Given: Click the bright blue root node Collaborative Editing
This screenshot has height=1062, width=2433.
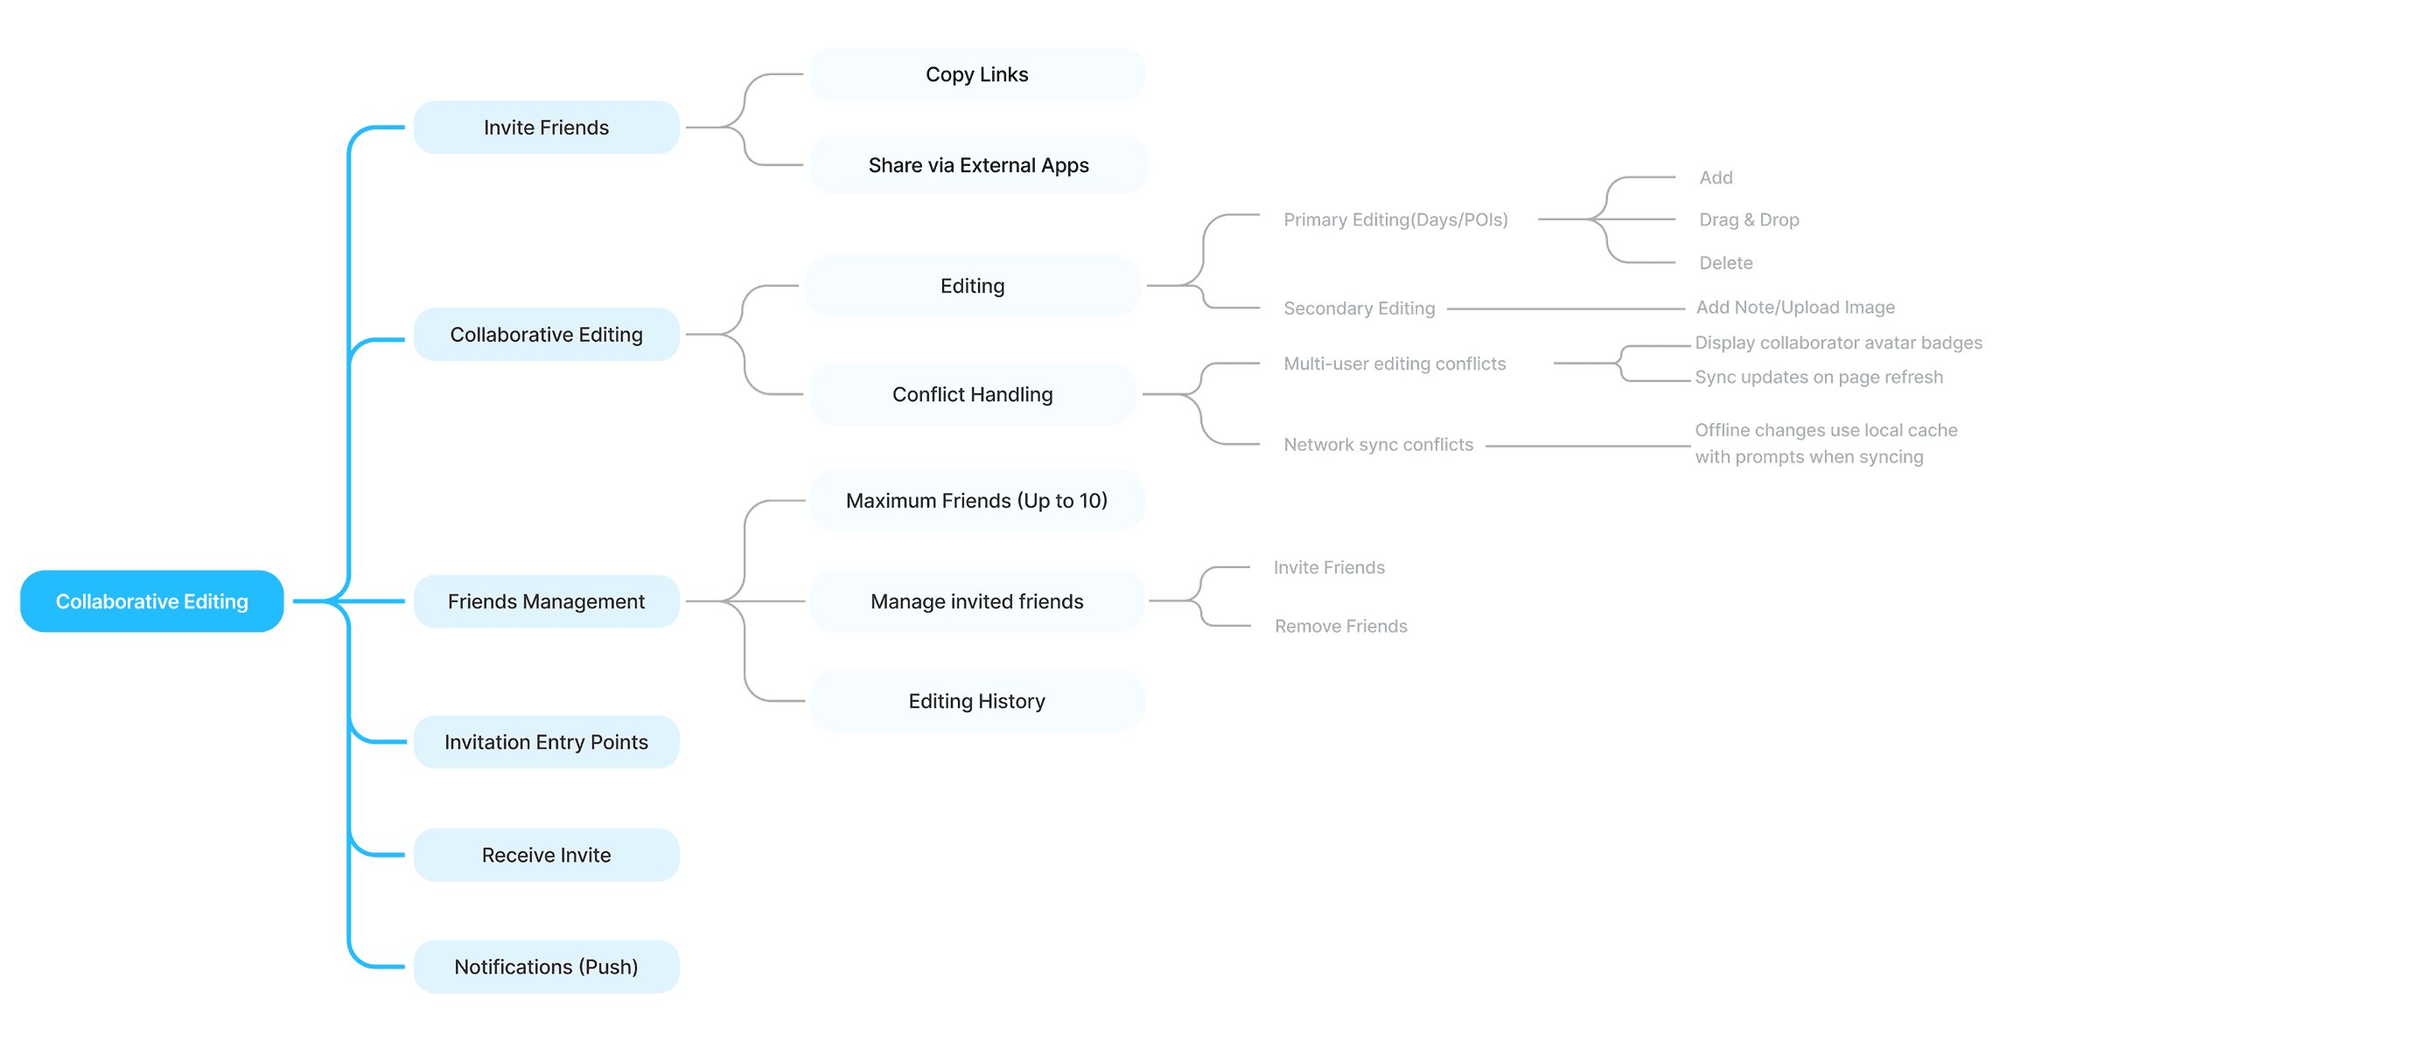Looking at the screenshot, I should pos(151,601).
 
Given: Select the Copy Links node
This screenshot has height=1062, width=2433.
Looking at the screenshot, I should pos(976,74).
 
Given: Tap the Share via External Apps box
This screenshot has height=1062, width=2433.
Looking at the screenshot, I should pos(978,165).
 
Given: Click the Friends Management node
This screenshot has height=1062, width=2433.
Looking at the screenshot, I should pos(546,601).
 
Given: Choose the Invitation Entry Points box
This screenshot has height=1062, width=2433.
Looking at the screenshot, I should pos(546,742).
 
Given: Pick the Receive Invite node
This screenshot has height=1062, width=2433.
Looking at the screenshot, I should pos(546,855).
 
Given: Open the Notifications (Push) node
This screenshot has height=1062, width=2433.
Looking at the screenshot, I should pos(546,967).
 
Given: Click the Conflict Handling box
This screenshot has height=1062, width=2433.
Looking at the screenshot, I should pos(972,394).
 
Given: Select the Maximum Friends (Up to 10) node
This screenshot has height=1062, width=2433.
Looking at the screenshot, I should pos(976,500).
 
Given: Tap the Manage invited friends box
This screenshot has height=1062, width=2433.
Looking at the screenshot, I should pos(976,601).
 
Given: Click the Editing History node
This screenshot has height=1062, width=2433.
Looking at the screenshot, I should pos(976,701).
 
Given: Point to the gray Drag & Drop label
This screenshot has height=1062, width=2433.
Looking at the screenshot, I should pos(1748,220).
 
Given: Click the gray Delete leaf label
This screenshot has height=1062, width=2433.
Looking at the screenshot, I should pos(1725,263).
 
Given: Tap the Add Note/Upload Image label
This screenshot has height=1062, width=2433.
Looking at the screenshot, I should pos(1794,308).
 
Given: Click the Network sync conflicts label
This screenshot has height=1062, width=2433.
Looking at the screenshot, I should pos(1378,445).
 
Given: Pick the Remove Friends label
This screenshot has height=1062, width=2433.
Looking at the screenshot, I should pos(1340,626).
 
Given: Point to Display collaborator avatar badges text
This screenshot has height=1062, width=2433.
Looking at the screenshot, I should pos(1838,343).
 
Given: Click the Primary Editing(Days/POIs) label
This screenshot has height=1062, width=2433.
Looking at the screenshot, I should pos(1395,220).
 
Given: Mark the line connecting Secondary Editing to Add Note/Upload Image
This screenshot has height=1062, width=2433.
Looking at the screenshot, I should pos(1565,309).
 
